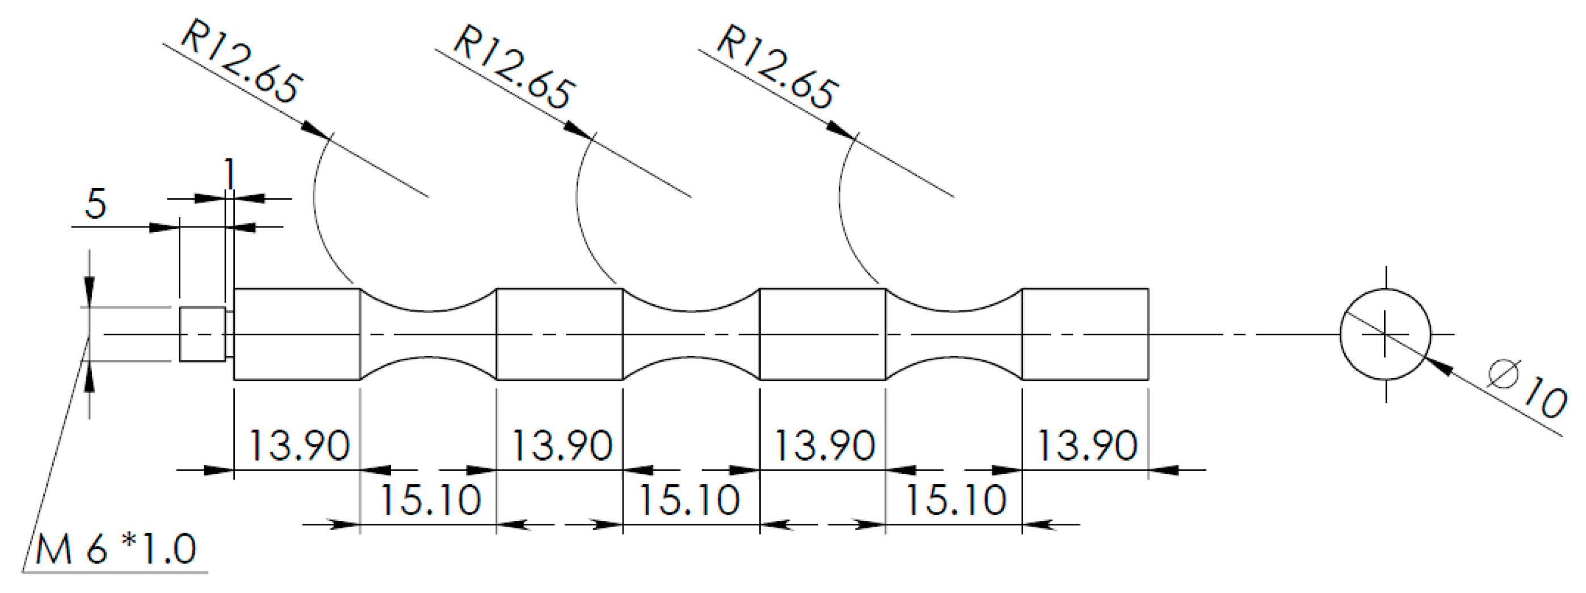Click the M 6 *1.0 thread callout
click(x=116, y=549)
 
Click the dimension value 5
click(x=95, y=204)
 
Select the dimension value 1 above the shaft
click(x=229, y=174)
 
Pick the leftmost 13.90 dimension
click(x=299, y=445)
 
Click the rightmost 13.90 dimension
click(x=1087, y=445)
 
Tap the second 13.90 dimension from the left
click(x=562, y=445)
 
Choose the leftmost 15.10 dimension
click(x=430, y=499)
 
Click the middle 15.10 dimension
click(x=689, y=499)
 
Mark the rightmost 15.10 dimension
click(x=956, y=499)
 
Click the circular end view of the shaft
click(x=1385, y=334)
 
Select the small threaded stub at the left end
click(x=202, y=334)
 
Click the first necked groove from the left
click(x=428, y=334)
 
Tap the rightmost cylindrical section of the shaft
click(x=1085, y=334)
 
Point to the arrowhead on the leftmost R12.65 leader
click(x=317, y=131)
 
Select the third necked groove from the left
click(x=954, y=334)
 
